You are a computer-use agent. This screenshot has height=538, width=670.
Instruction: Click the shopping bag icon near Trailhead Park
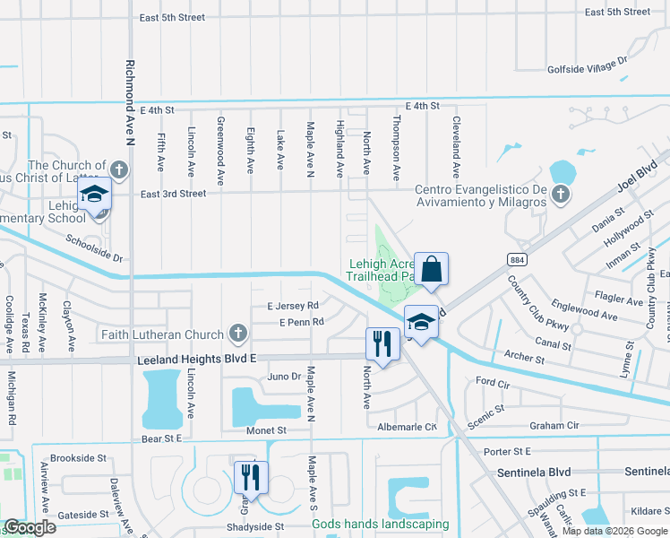431,270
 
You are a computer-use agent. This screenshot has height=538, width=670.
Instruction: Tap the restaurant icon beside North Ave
382,343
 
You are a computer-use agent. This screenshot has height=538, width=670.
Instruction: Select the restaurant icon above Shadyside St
251,477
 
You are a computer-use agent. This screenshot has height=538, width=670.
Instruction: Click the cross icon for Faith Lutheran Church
237,334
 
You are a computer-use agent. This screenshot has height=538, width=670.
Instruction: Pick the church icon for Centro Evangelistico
560,195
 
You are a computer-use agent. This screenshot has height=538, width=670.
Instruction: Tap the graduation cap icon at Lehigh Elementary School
94,195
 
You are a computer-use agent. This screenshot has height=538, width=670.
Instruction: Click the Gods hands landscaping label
380,525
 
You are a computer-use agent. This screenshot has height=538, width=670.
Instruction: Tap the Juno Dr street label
284,377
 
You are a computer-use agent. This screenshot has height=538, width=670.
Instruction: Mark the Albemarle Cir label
407,427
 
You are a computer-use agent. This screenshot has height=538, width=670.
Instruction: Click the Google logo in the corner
29,527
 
